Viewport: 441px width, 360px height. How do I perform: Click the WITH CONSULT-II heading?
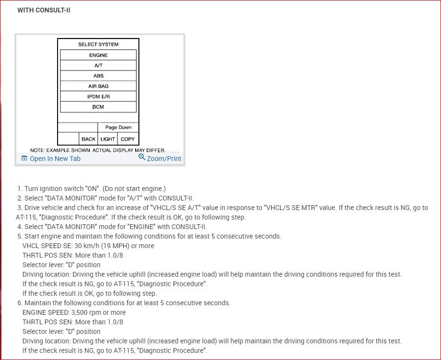tap(44, 10)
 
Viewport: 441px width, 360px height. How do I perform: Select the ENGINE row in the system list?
tap(98, 55)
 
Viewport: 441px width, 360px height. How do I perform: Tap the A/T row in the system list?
tap(98, 66)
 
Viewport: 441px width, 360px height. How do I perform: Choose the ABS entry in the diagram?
tap(98, 76)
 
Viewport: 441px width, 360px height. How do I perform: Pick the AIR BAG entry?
tap(98, 87)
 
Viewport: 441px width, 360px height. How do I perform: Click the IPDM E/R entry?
tap(98, 97)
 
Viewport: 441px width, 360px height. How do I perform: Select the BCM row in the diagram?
tap(98, 107)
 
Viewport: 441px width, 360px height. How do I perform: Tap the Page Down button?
tap(118, 128)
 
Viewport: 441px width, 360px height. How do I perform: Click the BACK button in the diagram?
tap(88, 139)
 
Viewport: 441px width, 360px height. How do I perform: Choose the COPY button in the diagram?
tap(127, 139)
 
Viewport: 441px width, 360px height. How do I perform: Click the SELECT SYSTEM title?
tap(98, 44)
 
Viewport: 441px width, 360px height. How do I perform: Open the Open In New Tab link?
tap(55, 159)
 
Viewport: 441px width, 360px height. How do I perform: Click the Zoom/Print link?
tap(164, 159)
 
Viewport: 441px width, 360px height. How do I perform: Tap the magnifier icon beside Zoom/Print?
tap(142, 157)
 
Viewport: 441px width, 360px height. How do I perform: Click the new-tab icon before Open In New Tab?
tap(24, 159)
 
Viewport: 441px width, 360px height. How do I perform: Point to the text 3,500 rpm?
tap(87, 312)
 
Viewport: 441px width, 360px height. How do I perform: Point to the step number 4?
tap(20, 227)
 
